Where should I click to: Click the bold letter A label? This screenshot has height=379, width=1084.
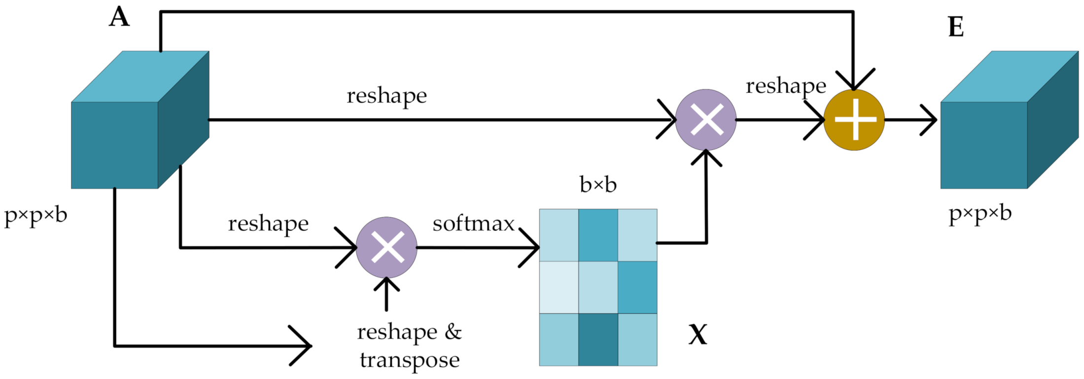119,18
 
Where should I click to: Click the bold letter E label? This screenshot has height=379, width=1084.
956,27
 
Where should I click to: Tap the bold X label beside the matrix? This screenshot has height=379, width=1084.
698,335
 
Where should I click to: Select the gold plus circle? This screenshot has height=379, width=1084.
854,120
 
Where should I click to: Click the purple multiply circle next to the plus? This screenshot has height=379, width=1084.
706,120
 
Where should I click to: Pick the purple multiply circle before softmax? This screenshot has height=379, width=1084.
386,248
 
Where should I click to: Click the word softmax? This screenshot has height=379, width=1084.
473,224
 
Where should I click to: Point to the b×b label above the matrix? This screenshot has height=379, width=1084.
598,185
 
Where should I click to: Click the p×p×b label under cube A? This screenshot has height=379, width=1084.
35,216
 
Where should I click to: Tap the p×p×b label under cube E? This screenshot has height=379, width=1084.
980,214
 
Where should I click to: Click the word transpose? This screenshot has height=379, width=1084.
410,360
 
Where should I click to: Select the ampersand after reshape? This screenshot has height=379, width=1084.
453,332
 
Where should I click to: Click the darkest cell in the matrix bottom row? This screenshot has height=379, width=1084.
598,340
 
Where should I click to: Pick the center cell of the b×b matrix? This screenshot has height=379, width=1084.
598,287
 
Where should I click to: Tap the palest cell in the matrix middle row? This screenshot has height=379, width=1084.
559,287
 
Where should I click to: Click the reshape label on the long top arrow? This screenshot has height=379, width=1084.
386,96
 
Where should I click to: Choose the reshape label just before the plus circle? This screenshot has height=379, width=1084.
786,86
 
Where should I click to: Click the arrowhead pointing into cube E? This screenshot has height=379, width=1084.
930,120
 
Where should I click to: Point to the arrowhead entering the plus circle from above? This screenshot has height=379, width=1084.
854,81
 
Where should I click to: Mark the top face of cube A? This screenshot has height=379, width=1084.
140,76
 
